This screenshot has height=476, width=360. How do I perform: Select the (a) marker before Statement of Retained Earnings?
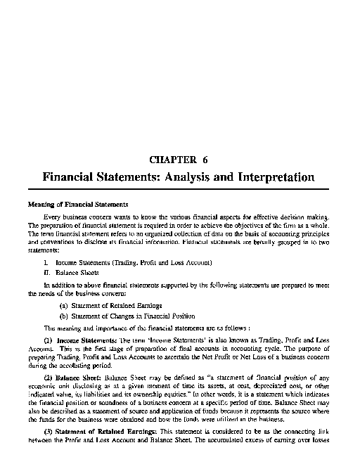(x=63, y=306)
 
